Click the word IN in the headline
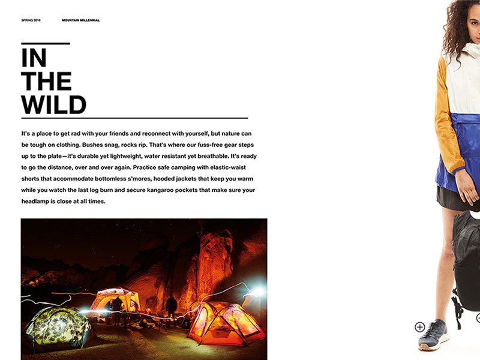34,58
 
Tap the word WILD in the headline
53,105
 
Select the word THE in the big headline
46,82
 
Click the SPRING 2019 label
31,20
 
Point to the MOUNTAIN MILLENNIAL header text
80,20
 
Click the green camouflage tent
58,327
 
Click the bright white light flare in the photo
257,292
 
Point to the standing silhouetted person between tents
172,306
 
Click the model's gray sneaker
433,335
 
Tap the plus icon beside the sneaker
420,327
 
